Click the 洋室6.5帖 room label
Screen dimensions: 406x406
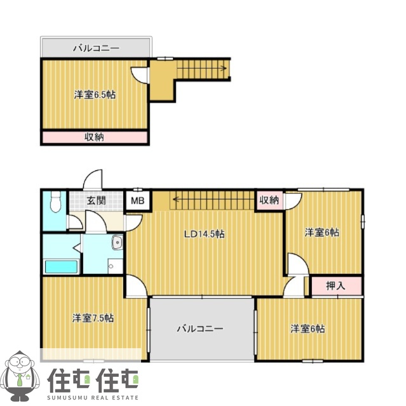click(94, 95)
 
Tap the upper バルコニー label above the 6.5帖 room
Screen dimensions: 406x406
click(96, 48)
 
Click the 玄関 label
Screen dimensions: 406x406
click(96, 201)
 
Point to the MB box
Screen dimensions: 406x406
click(137, 201)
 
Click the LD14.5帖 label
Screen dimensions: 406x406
click(204, 234)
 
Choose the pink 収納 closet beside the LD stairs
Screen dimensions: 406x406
click(269, 201)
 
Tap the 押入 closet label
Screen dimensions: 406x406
click(335, 286)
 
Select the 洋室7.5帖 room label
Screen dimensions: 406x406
click(93, 318)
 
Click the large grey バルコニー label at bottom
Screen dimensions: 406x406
click(200, 328)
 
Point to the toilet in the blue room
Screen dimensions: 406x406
click(55, 202)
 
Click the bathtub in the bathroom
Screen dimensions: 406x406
click(60, 266)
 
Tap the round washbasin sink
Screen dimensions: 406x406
click(117, 241)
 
